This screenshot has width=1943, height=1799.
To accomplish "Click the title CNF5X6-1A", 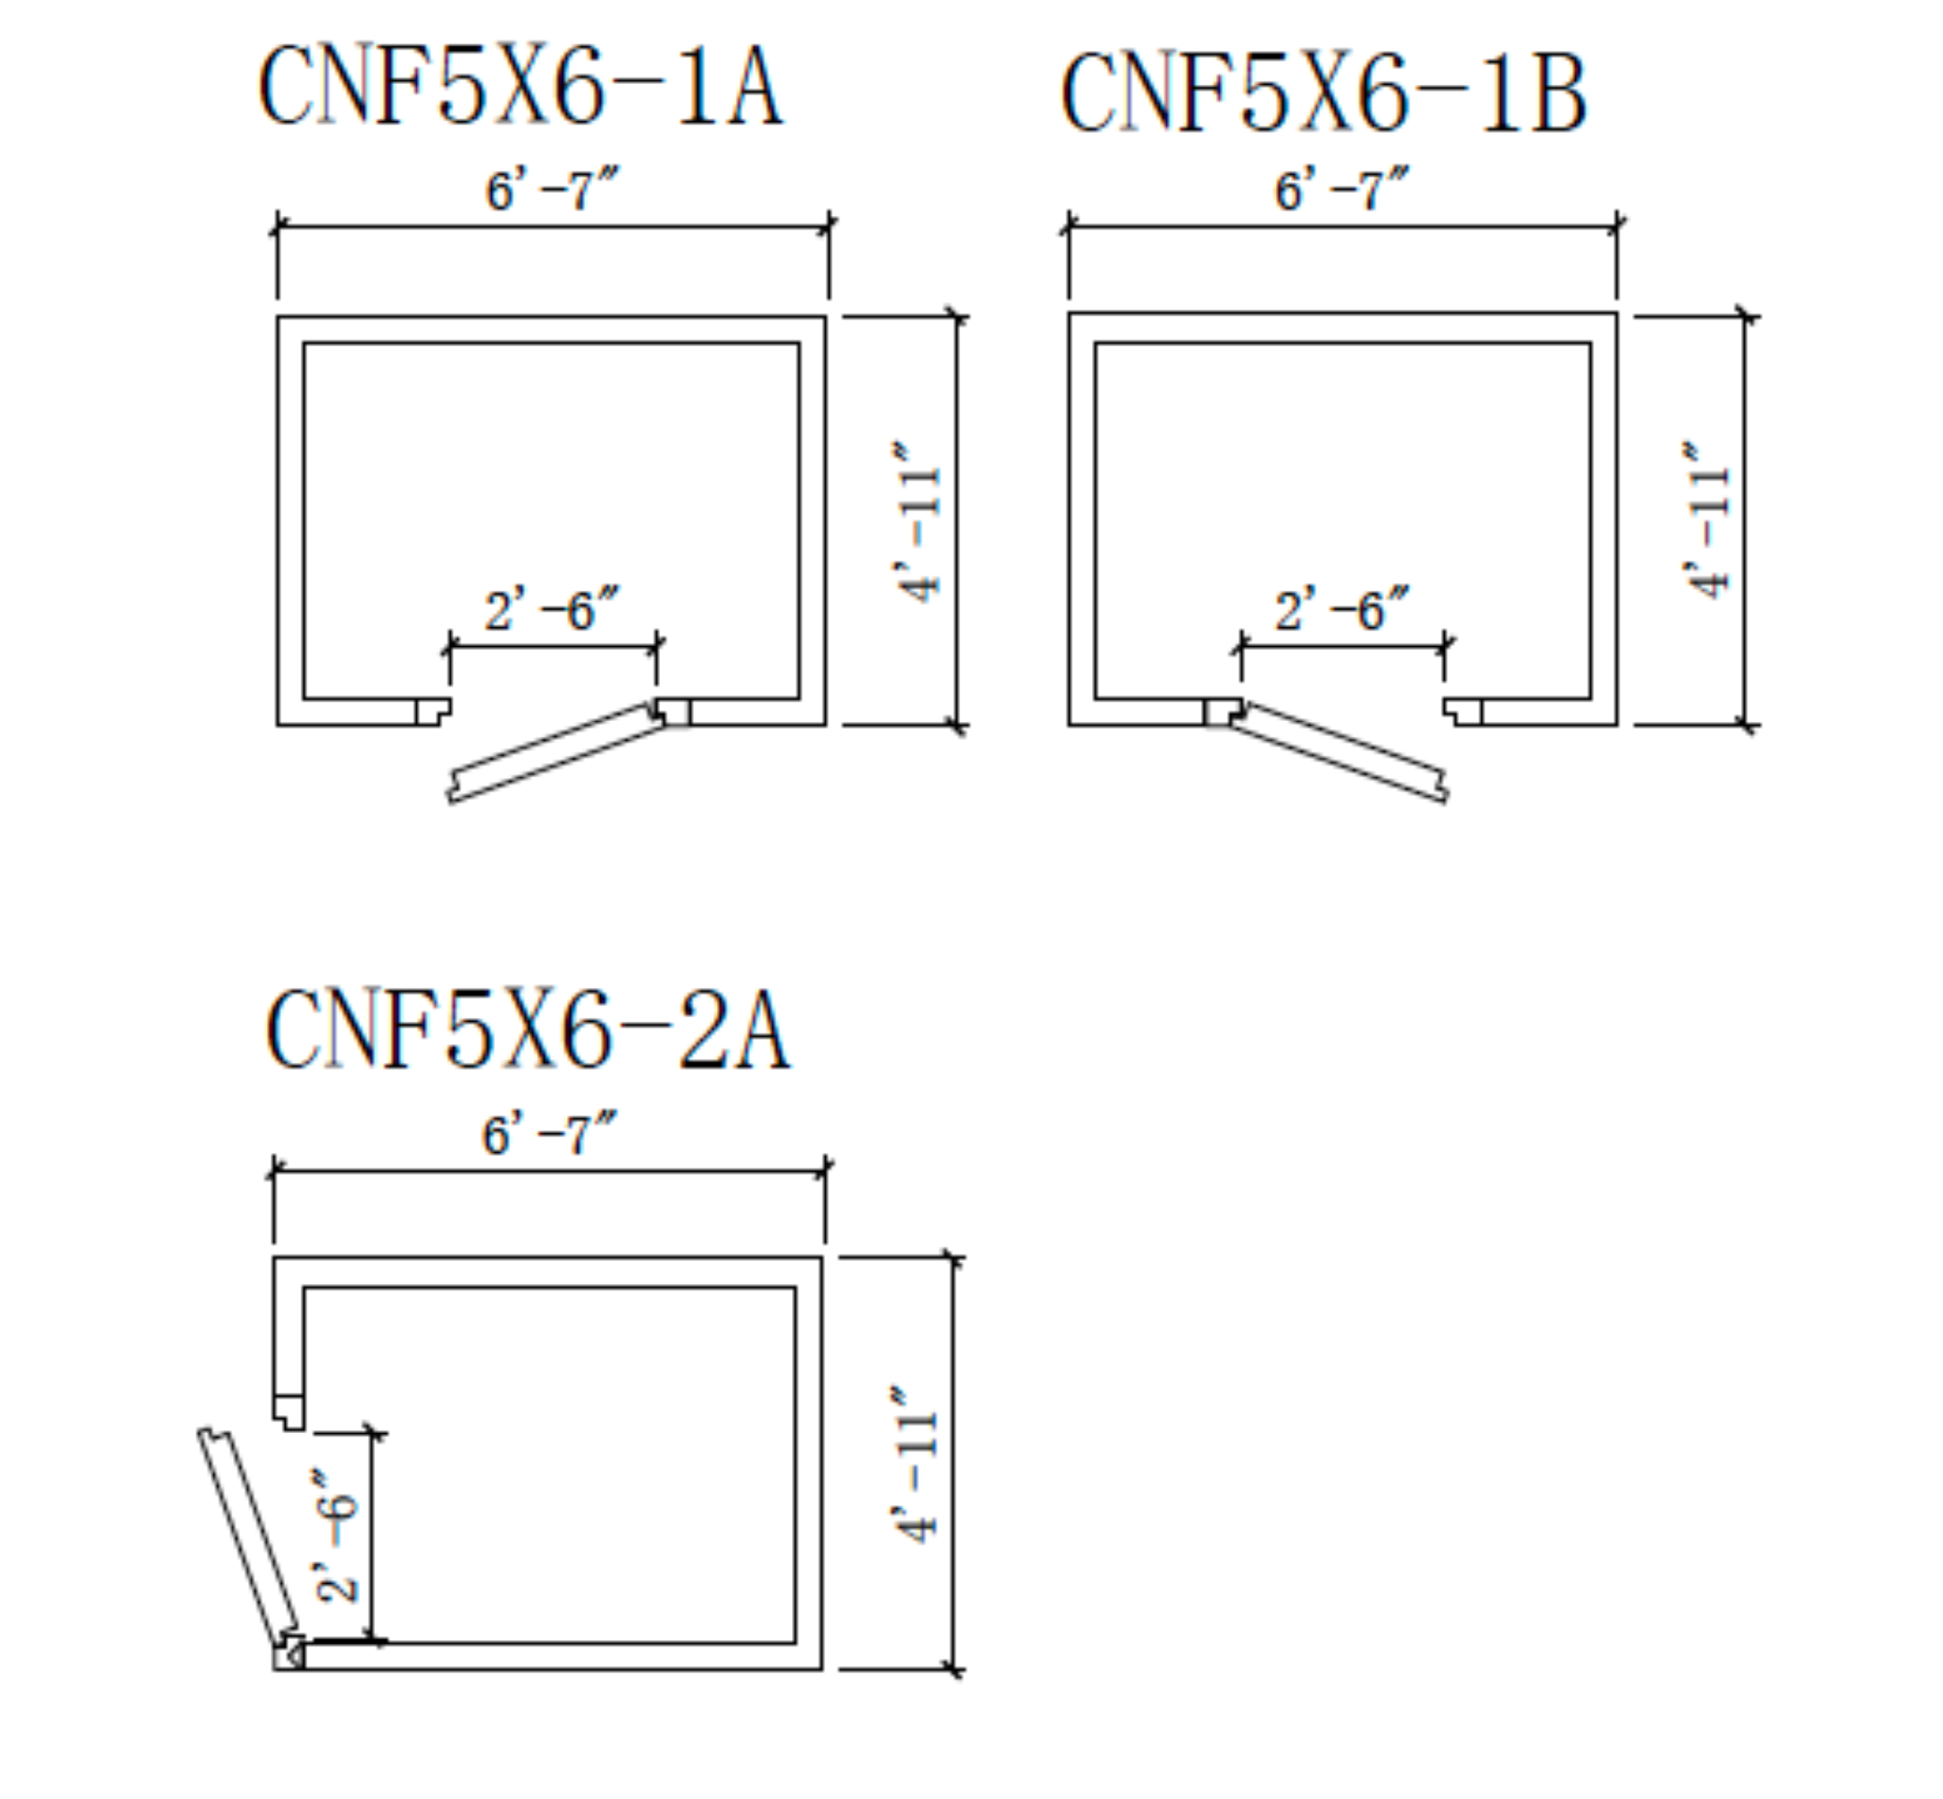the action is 520,86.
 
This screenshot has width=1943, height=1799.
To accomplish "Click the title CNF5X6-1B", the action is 1323,93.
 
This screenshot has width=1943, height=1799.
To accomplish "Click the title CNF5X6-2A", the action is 527,1030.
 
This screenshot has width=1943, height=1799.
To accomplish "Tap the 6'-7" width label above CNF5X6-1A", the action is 552,189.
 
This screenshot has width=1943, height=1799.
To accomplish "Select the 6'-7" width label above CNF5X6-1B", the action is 1342,189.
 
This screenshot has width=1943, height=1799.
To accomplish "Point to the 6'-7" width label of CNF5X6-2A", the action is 549,1134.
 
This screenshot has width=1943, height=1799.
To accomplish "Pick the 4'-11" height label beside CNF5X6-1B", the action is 1707,521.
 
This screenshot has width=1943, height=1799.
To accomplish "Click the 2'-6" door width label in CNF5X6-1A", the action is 552,609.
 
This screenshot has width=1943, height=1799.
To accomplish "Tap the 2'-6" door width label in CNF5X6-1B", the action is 1342,609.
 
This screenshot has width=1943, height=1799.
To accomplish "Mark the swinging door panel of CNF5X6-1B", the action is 1340,752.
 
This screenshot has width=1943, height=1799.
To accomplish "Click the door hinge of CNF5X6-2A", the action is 289,1653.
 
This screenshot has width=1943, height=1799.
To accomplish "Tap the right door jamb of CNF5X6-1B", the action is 1463,711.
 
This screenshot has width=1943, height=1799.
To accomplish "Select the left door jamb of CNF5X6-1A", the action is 433,711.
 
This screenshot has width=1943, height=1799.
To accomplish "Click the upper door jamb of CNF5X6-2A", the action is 288,1413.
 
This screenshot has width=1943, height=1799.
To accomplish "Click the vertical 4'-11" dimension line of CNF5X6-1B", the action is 1744,521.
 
